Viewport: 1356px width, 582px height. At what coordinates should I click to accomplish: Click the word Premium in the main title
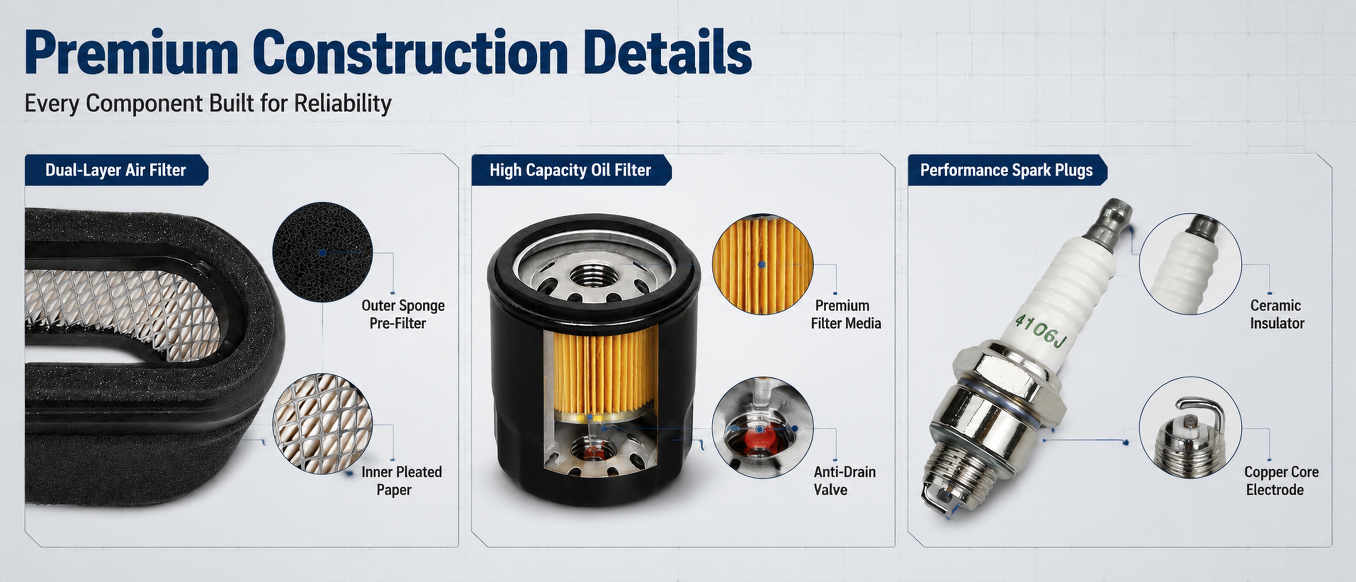point(132,53)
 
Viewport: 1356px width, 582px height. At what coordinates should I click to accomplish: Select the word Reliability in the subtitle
point(343,103)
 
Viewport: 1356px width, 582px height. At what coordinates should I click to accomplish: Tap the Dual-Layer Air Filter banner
point(116,170)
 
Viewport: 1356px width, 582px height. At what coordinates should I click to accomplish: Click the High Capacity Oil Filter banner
point(571,170)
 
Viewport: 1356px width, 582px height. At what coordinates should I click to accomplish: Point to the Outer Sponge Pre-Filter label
point(403,314)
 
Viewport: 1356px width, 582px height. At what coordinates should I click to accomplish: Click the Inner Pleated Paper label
point(401,480)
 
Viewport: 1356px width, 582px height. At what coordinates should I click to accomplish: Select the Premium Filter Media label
point(845,314)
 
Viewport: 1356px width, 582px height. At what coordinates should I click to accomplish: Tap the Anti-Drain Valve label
point(844,480)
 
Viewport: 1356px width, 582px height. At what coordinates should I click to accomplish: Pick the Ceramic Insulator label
point(1277,314)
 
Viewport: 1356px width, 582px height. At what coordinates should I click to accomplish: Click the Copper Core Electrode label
point(1281,480)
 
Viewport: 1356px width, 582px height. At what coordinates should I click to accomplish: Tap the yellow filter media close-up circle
point(763,264)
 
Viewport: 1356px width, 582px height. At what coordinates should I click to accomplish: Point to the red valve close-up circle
point(763,427)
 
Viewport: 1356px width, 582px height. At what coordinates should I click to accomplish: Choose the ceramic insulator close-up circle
point(1190,264)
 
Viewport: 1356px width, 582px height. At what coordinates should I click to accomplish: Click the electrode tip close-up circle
point(1190,427)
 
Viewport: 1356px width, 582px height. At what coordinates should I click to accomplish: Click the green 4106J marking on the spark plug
point(1040,331)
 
